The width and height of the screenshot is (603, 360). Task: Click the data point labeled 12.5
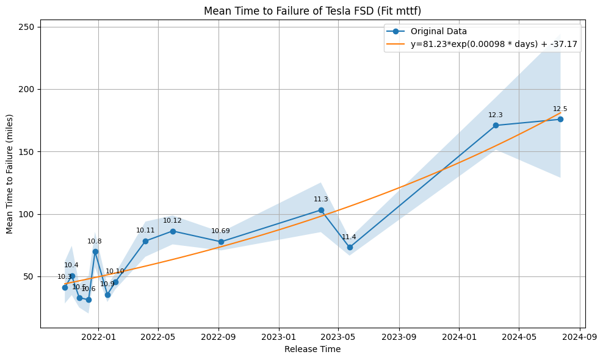click(560, 119)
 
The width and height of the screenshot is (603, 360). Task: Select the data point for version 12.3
click(496, 125)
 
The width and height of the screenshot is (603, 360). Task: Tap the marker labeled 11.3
click(321, 210)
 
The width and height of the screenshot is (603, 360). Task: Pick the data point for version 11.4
click(350, 247)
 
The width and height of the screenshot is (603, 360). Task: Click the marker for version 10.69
click(221, 242)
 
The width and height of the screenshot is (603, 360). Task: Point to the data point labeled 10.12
click(173, 231)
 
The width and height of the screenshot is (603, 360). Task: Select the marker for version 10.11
click(145, 241)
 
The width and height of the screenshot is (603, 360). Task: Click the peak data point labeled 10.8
click(95, 251)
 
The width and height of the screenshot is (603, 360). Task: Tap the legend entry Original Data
click(438, 31)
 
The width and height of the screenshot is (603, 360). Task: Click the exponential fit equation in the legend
click(494, 45)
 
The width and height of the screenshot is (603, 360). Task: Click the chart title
click(312, 11)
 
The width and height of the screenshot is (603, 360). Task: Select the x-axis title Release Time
click(312, 350)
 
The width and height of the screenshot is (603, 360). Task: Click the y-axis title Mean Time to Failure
click(10, 174)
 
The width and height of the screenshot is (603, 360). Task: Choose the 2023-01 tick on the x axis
click(279, 337)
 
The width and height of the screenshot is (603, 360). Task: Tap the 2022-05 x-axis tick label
click(158, 337)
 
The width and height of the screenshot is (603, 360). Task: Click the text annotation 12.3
click(496, 115)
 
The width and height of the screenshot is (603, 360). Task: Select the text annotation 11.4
click(349, 237)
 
